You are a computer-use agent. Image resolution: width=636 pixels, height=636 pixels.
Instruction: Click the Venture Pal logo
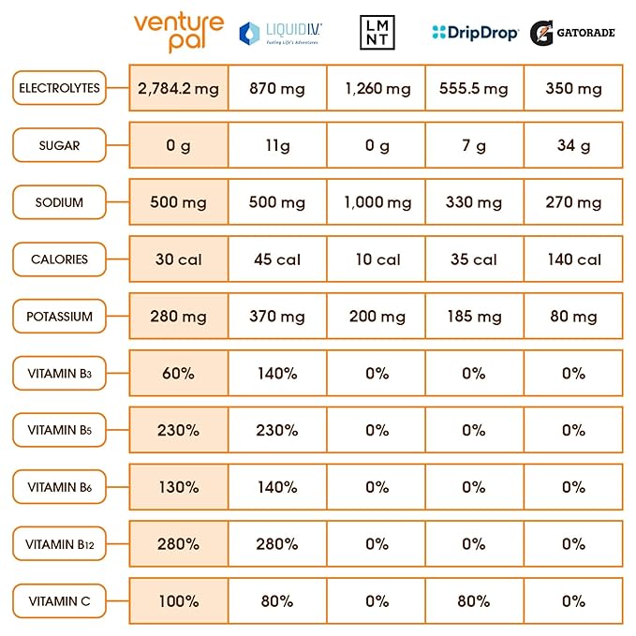pyautogui.click(x=178, y=33)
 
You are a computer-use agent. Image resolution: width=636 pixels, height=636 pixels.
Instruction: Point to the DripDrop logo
pyautogui.click(x=475, y=33)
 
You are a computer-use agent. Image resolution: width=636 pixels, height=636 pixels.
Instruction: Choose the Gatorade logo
pyautogui.click(x=572, y=33)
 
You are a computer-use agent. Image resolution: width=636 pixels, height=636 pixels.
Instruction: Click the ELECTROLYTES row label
pyautogui.click(x=59, y=89)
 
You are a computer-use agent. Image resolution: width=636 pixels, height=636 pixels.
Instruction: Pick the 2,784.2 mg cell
pyautogui.click(x=177, y=89)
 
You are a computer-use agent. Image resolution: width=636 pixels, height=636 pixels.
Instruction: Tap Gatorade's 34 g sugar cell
pyautogui.click(x=573, y=146)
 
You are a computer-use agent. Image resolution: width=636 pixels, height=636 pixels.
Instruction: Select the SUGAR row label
pyautogui.click(x=59, y=146)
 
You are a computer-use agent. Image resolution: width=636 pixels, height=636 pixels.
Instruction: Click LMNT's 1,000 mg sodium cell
pyautogui.click(x=377, y=202)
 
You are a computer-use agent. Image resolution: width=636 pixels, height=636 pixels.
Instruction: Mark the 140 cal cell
pyautogui.click(x=573, y=259)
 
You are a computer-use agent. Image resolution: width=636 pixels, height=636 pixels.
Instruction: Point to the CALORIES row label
pyautogui.click(x=59, y=259)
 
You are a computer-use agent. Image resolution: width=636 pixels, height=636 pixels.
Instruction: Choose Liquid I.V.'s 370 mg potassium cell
pyautogui.click(x=277, y=317)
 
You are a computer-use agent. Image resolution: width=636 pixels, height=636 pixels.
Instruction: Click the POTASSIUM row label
pyautogui.click(x=59, y=317)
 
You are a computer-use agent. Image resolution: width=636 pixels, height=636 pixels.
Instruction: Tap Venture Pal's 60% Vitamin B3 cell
pyautogui.click(x=177, y=373)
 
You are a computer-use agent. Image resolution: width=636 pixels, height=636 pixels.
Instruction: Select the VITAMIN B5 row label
pyautogui.click(x=59, y=430)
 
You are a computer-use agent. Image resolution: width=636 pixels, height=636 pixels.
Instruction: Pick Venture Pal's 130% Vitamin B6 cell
pyautogui.click(x=177, y=487)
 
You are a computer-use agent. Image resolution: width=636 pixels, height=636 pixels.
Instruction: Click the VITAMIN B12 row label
pyautogui.click(x=59, y=544)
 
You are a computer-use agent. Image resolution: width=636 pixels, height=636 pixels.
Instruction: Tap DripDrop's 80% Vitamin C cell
pyautogui.click(x=474, y=600)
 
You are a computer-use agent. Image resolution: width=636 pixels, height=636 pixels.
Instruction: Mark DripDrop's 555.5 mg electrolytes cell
pyautogui.click(x=474, y=89)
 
